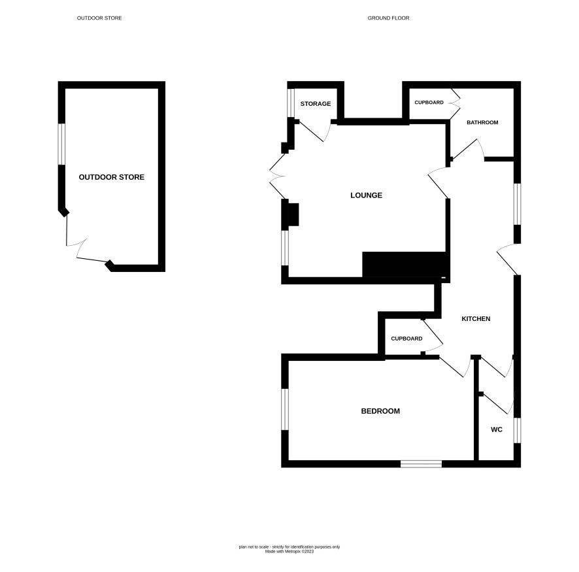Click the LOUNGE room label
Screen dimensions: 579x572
[x=366, y=195]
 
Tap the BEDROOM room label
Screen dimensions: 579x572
[x=380, y=411]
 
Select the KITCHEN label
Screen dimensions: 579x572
[x=476, y=318]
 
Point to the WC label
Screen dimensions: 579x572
[x=497, y=429]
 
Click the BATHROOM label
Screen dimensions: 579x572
[x=482, y=122]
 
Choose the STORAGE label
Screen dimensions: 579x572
[x=316, y=104]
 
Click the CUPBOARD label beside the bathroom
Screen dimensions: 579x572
[x=429, y=102]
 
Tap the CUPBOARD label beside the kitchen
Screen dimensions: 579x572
[x=406, y=339]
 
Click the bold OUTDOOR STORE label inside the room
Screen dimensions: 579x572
[x=112, y=177]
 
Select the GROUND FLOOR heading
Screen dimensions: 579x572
[x=388, y=18]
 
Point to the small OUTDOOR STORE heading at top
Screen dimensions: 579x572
[x=99, y=18]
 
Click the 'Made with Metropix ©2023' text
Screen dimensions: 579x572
[x=289, y=551]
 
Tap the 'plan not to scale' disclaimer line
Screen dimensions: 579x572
[x=289, y=547]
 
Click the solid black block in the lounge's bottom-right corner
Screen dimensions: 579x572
[x=405, y=264]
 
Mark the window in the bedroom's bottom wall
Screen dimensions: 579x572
[x=422, y=463]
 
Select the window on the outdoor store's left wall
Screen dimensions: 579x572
[x=61, y=144]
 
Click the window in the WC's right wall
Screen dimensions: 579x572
[x=518, y=430]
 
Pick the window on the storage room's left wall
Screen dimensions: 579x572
[x=291, y=103]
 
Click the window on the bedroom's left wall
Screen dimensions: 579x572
[x=285, y=409]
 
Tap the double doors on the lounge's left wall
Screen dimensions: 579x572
[x=278, y=176]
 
